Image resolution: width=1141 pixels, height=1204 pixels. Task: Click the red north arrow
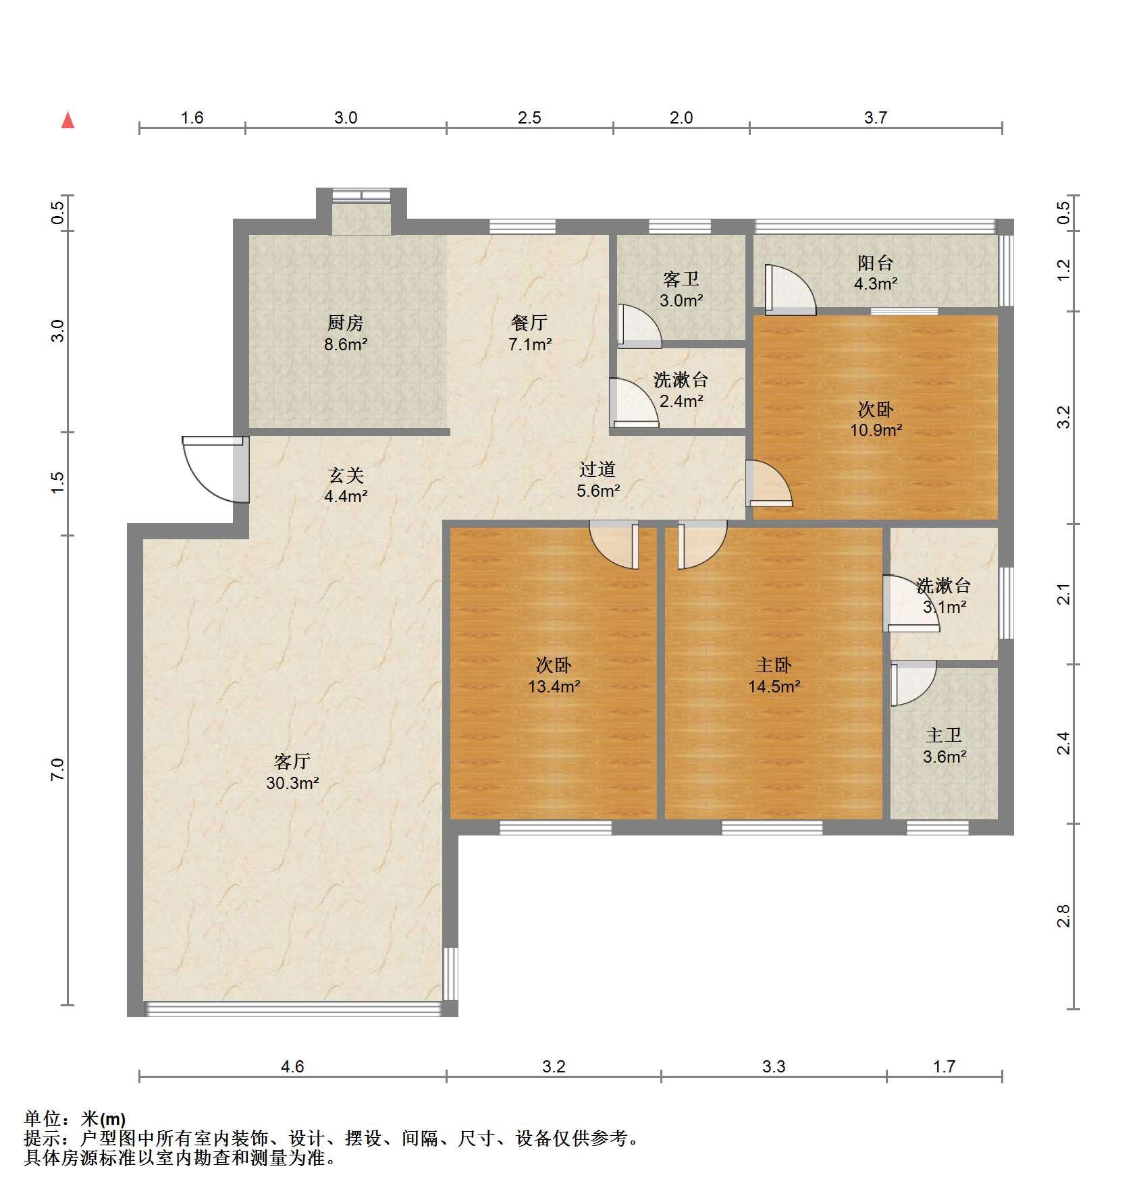tap(68, 120)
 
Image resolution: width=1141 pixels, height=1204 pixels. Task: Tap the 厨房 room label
tap(346, 323)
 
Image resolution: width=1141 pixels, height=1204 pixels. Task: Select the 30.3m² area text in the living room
tap(292, 783)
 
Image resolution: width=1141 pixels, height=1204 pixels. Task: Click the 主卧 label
tap(774, 665)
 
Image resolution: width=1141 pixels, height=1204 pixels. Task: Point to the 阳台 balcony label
tap(876, 263)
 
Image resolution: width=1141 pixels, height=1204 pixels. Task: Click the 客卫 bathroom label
tap(681, 279)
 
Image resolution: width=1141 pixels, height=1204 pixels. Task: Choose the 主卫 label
tap(944, 735)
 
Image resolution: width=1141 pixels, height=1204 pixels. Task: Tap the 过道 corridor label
tap(598, 469)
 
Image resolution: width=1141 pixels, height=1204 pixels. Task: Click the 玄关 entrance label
tap(346, 475)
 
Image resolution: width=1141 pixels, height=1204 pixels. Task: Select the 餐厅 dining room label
tap(529, 323)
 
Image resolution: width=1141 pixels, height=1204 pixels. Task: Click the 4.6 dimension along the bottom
tap(292, 1067)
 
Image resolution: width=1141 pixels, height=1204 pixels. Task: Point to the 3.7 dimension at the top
tap(876, 118)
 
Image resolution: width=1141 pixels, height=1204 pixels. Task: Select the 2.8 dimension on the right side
tap(1063, 916)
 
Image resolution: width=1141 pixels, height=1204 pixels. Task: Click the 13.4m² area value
tap(554, 687)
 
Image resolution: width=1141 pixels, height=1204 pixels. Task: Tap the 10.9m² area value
tap(876, 430)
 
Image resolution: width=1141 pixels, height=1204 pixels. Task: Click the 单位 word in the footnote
tap(43, 1119)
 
